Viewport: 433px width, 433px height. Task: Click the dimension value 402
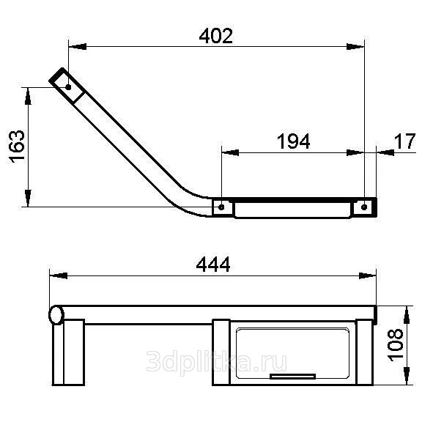click(x=216, y=36)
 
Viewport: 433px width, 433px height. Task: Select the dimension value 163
click(x=17, y=147)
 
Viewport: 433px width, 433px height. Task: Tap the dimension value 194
click(x=294, y=141)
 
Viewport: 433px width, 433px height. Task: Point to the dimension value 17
click(x=404, y=141)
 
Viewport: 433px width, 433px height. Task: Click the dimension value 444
click(x=213, y=264)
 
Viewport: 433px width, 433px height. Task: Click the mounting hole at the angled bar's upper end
click(x=68, y=87)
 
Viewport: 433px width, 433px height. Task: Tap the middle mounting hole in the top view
click(x=221, y=207)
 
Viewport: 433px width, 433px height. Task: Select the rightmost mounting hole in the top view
click(x=364, y=207)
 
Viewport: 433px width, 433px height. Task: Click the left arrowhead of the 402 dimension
click(x=78, y=46)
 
